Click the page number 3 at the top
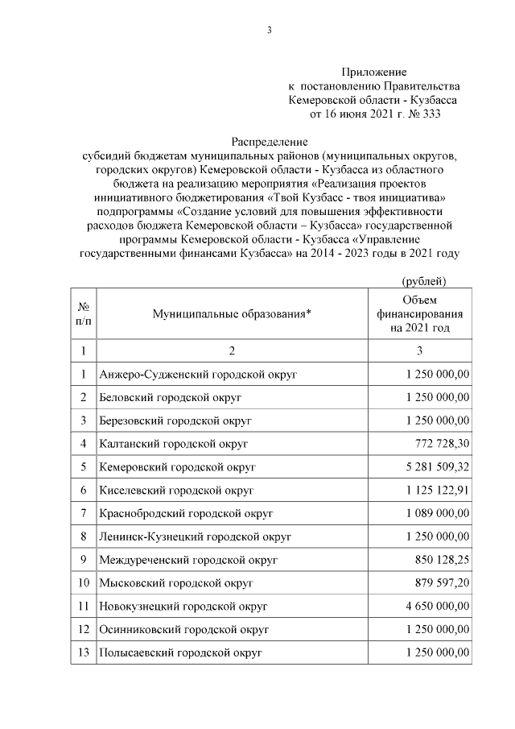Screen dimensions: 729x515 click(270, 31)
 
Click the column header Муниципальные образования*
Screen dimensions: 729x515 click(232, 314)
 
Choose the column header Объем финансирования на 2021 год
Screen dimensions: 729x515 click(420, 314)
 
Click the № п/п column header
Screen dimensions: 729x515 click(83, 314)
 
